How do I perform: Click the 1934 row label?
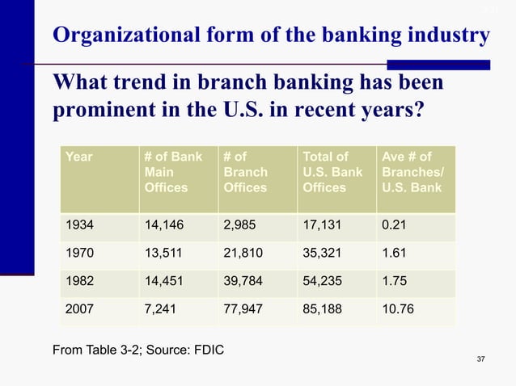(x=78, y=224)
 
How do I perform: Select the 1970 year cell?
(x=78, y=253)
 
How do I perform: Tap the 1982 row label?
(x=78, y=282)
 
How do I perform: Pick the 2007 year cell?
(x=78, y=311)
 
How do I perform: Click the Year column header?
(x=78, y=157)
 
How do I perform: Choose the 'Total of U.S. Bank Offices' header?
(x=332, y=172)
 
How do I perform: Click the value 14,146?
(x=163, y=224)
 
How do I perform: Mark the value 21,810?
(x=243, y=253)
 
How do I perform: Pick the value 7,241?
(x=159, y=311)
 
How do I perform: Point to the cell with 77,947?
(x=243, y=311)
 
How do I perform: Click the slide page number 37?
(x=482, y=359)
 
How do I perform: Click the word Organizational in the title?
(x=121, y=36)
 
